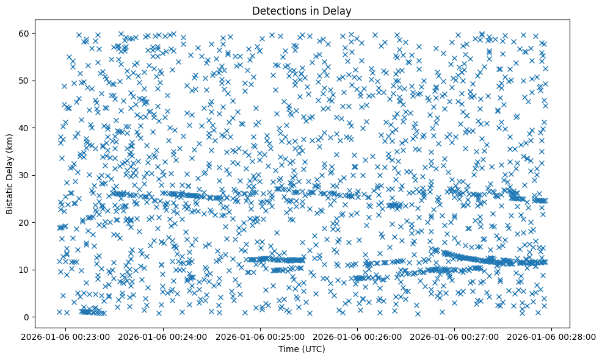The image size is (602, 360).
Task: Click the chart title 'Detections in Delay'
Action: tap(302, 11)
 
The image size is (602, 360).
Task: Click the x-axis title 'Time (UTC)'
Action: tap(302, 349)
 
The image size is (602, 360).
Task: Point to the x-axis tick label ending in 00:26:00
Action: tap(358, 336)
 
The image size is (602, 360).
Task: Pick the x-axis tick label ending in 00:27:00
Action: tap(455, 336)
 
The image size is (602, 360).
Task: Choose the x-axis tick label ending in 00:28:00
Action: tap(552, 336)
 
